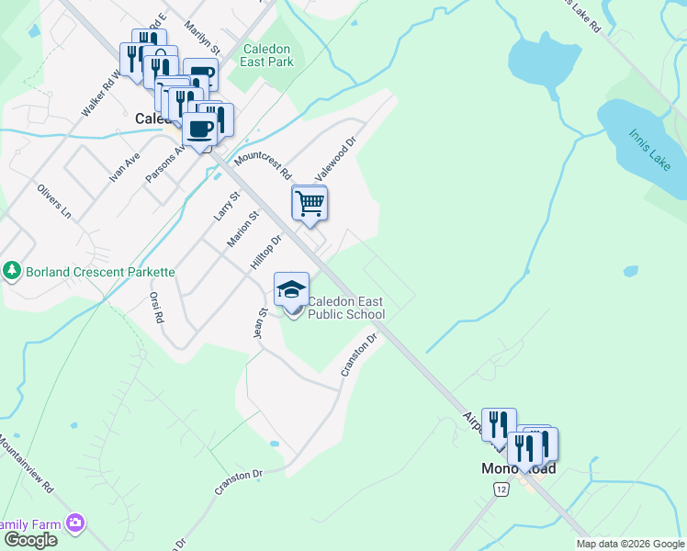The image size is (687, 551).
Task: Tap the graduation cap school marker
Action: (x=291, y=289)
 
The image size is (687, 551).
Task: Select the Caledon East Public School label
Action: (x=345, y=308)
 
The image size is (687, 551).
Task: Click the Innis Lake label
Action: (x=648, y=142)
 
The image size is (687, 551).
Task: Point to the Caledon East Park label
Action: (x=268, y=55)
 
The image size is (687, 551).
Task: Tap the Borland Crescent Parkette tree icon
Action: (x=12, y=271)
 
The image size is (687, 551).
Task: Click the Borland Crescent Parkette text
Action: (x=100, y=272)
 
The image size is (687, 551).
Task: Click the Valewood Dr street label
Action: (x=335, y=158)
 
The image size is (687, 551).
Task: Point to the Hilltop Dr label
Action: (x=265, y=252)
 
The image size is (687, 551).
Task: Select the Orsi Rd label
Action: (x=156, y=307)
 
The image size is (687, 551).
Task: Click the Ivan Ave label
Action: (x=125, y=167)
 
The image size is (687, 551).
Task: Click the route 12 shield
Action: (x=500, y=490)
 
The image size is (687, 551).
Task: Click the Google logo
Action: (x=29, y=539)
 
